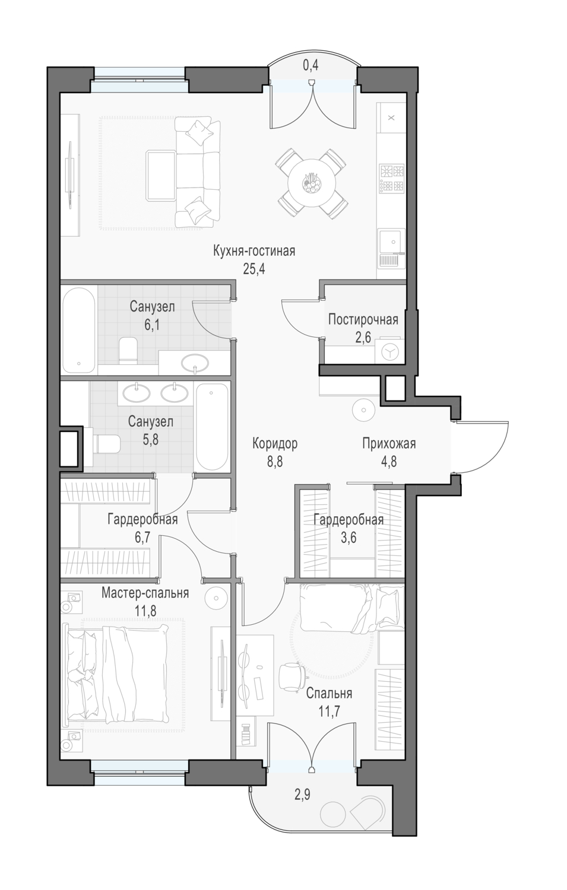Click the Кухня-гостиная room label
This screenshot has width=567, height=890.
click(x=254, y=252)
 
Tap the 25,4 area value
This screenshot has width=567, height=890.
click(x=254, y=269)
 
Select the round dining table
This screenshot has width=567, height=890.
click(x=311, y=182)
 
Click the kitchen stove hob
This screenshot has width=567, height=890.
click(x=392, y=179)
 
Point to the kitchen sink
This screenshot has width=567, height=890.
click(x=391, y=249)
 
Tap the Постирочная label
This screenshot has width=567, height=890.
click(x=363, y=319)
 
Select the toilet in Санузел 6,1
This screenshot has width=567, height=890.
click(x=128, y=350)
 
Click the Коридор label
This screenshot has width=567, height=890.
click(x=275, y=443)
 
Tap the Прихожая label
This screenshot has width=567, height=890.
click(x=389, y=443)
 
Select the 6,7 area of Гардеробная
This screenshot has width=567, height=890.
click(x=142, y=538)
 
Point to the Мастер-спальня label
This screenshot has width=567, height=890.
click(x=145, y=593)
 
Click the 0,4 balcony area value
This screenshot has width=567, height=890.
click(x=311, y=66)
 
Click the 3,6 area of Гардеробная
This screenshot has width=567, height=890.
click(x=349, y=538)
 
